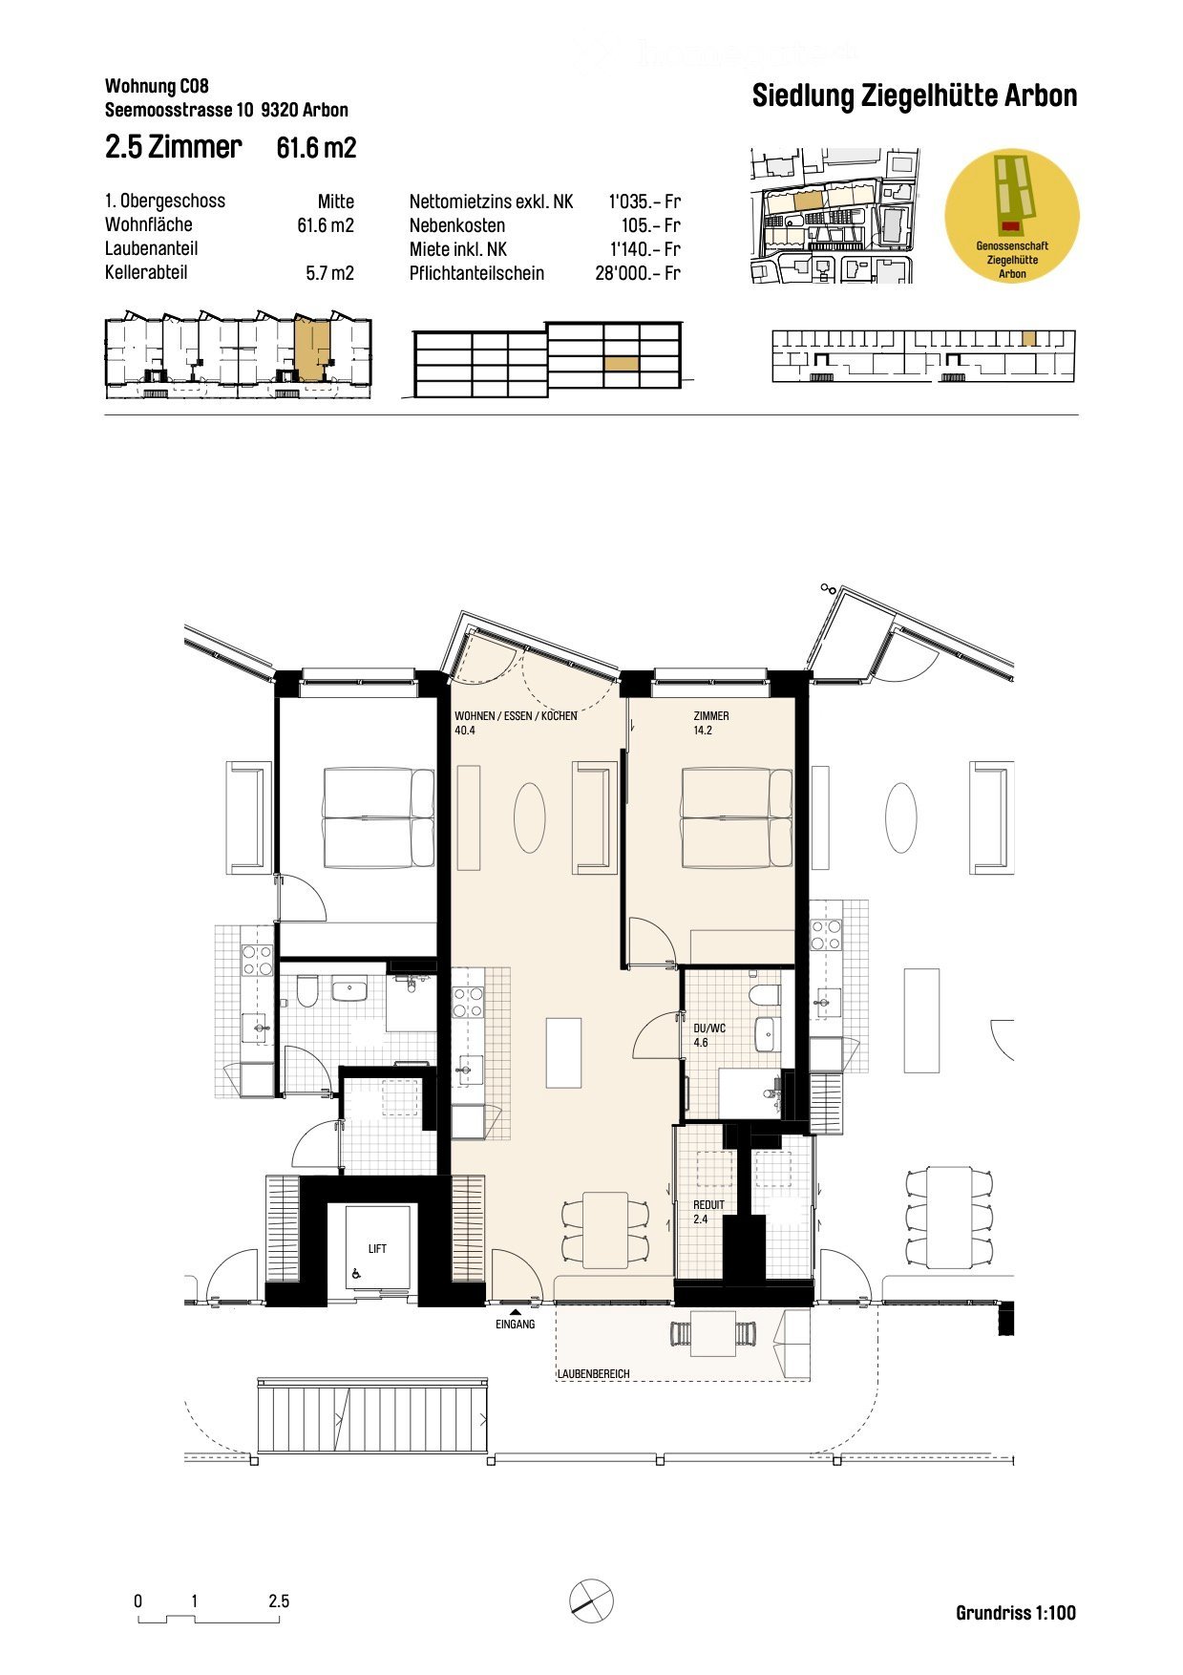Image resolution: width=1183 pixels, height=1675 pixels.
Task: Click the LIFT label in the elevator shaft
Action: pyautogui.click(x=377, y=1248)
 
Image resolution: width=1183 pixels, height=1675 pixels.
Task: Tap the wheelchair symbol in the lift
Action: pyautogui.click(x=356, y=1273)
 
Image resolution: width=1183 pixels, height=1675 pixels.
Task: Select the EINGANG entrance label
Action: pyautogui.click(x=515, y=1325)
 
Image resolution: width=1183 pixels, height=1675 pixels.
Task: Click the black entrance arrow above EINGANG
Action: pyautogui.click(x=515, y=1312)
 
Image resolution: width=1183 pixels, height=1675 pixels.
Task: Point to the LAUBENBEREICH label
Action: pyautogui.click(x=594, y=1373)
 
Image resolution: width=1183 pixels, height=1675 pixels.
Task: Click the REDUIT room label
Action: pyautogui.click(x=708, y=1205)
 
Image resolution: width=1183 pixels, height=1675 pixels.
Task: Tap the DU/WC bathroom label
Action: pyautogui.click(x=709, y=1028)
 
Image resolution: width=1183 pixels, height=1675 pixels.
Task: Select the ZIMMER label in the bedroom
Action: pyautogui.click(x=711, y=716)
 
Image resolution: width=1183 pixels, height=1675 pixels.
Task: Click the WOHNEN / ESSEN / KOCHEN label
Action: pyautogui.click(x=516, y=716)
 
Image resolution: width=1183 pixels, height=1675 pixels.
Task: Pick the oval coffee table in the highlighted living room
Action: pyautogui.click(x=529, y=817)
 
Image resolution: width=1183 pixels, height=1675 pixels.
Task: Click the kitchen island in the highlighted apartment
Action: pyautogui.click(x=563, y=1052)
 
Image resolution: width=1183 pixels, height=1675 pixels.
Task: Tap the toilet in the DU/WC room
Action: pyautogui.click(x=764, y=995)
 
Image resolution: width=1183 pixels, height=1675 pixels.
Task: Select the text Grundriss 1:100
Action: pyautogui.click(x=1015, y=1613)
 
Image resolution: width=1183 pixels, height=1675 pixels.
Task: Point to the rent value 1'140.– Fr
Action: pyautogui.click(x=644, y=249)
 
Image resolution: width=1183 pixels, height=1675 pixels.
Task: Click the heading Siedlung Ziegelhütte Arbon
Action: pyautogui.click(x=914, y=96)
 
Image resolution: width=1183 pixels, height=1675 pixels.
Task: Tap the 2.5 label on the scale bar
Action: pyautogui.click(x=279, y=1601)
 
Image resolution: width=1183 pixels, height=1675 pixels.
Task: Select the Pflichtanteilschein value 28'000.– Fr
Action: pyautogui.click(x=637, y=273)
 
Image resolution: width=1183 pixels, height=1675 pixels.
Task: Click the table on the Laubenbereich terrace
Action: pyautogui.click(x=712, y=1333)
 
